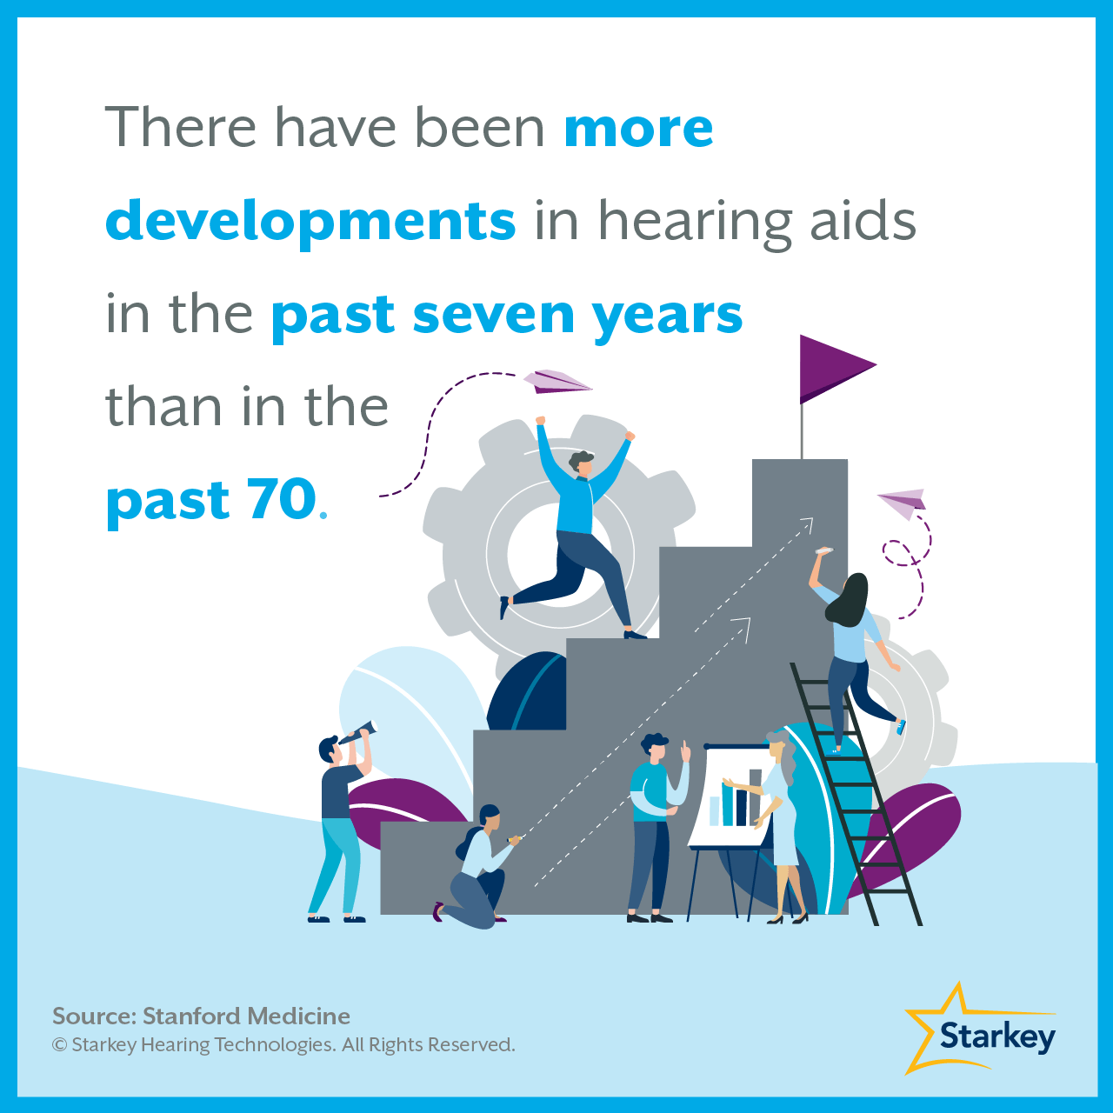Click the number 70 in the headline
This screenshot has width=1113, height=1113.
point(282,499)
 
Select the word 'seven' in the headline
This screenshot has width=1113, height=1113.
point(494,316)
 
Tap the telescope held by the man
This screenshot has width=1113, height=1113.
point(359,732)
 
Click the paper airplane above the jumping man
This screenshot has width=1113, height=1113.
point(556,381)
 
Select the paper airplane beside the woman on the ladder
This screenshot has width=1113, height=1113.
point(903,503)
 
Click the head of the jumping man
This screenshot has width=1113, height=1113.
point(582,463)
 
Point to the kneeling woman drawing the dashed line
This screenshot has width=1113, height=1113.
point(477,866)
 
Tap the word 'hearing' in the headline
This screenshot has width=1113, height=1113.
point(692,223)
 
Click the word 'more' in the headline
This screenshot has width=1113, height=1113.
point(638,129)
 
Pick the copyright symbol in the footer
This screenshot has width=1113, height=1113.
point(59,1045)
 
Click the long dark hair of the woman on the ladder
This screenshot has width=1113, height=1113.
point(848,601)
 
